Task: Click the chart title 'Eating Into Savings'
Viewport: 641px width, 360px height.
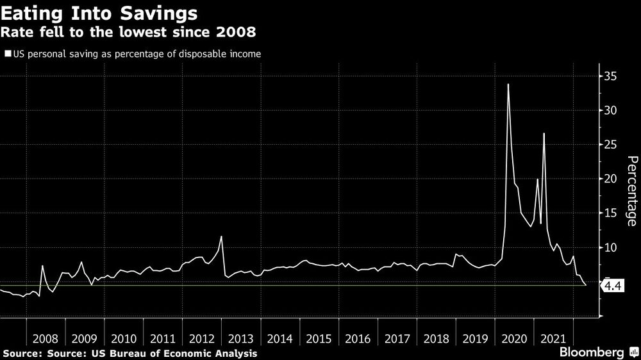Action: [99, 12]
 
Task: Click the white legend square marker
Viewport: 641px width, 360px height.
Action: [8, 54]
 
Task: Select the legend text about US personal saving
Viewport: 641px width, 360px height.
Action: [137, 54]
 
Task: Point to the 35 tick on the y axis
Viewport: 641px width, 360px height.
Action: [610, 77]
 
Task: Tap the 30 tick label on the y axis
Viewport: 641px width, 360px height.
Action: [610, 111]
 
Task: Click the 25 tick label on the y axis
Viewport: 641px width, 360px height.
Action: [610, 145]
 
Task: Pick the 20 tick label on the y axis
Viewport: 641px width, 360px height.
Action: [610, 179]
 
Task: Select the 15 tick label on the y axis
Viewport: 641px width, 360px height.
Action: [610, 213]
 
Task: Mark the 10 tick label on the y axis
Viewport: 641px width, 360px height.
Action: [610, 247]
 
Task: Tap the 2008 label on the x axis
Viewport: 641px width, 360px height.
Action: [46, 339]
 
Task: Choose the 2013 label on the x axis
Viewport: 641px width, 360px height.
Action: [241, 339]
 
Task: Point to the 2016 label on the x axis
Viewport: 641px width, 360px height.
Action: [358, 339]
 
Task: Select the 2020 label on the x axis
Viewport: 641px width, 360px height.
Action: [514, 339]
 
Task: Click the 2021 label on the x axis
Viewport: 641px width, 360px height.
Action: [553, 339]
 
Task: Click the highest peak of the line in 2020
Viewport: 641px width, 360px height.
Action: [508, 85]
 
